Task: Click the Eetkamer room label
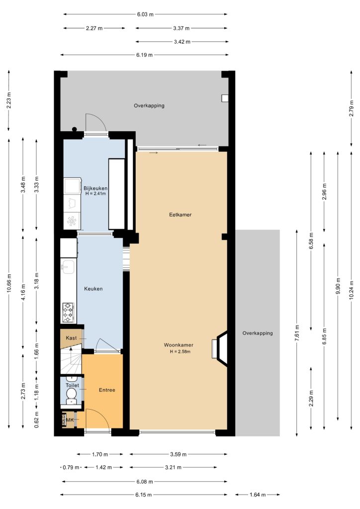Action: point(180,215)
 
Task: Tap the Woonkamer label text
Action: point(179,345)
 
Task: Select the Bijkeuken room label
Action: point(95,188)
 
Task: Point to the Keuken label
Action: point(93,289)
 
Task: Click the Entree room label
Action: point(107,390)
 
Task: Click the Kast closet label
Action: point(72,338)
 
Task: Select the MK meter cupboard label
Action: point(70,420)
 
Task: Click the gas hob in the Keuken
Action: point(68,312)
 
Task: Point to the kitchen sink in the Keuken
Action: point(68,267)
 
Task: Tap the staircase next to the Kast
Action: point(71,360)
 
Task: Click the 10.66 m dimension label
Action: point(9,283)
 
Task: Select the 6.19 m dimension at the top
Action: point(145,55)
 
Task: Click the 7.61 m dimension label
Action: point(297,333)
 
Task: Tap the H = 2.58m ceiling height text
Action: point(180,351)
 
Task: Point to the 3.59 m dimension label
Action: point(178,454)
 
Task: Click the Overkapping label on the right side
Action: point(258,333)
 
